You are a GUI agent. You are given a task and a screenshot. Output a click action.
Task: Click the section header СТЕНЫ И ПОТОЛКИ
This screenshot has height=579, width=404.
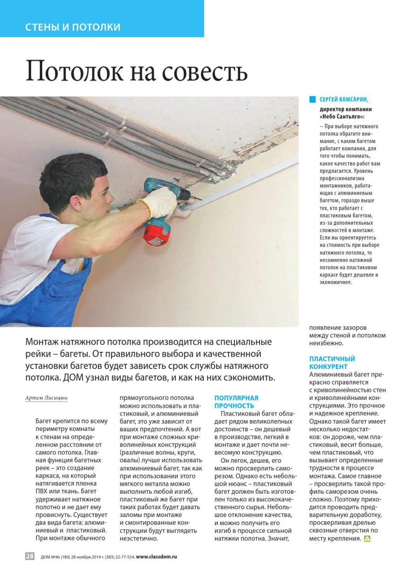[73, 27]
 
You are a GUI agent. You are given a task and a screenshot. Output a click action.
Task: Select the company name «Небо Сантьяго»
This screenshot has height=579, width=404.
[342, 116]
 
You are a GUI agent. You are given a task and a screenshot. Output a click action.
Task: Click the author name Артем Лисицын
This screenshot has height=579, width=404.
[44, 398]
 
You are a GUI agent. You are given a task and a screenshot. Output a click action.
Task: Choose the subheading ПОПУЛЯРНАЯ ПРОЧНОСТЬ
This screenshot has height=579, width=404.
[236, 402]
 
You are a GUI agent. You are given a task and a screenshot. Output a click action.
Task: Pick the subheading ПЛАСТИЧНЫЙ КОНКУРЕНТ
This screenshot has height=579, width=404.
[332, 363]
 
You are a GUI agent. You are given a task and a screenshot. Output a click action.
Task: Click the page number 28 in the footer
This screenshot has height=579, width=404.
[30, 556]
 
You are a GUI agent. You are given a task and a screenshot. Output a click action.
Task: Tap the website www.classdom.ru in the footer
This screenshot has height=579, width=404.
[156, 557]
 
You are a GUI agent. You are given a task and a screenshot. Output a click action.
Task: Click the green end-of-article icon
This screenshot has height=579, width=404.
[367, 538]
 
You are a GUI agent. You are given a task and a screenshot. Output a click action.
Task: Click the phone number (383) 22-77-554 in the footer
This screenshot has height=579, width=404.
[119, 557]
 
